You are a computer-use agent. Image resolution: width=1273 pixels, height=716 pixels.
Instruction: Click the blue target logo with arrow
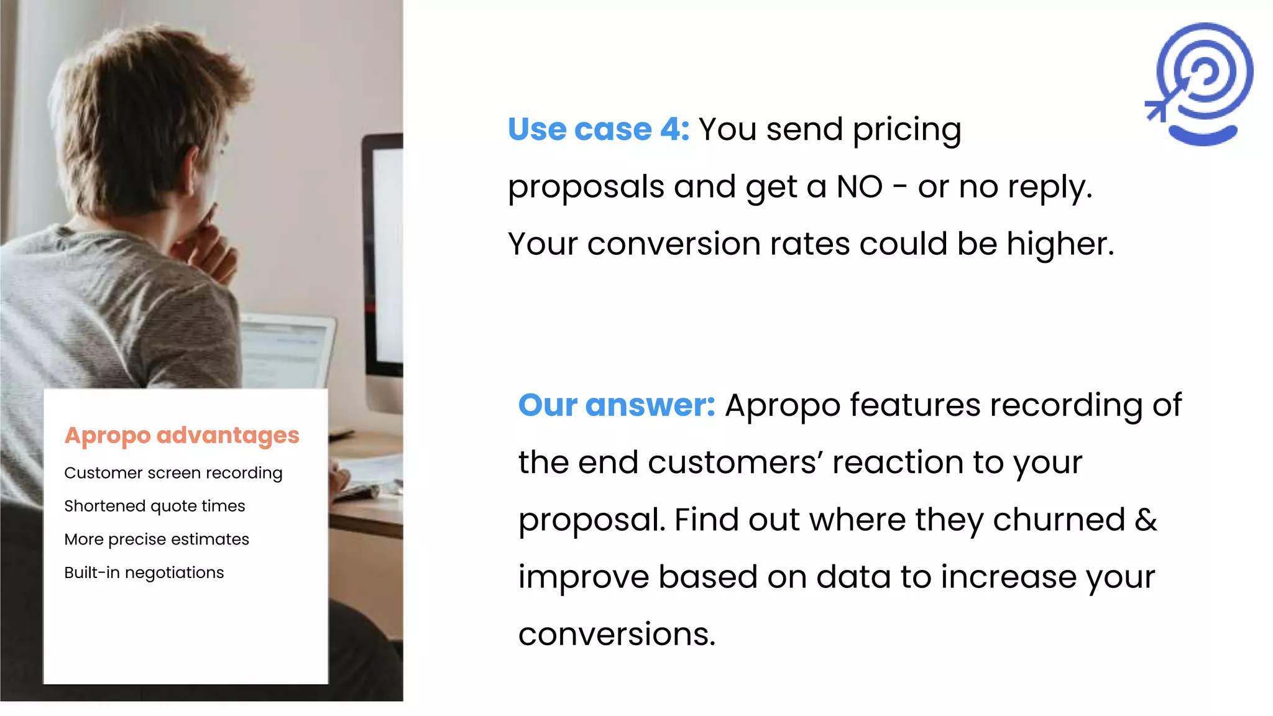[x=1200, y=83]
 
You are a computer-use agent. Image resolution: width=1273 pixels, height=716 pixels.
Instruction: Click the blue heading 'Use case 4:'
[x=598, y=129]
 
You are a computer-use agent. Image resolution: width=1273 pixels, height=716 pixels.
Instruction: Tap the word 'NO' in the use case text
[x=859, y=186]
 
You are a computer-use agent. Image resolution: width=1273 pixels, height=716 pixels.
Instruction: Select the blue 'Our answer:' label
[x=617, y=405]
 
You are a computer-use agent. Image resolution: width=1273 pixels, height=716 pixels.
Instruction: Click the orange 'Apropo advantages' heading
[x=182, y=435]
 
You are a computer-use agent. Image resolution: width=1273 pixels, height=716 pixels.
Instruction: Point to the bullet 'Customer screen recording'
[x=173, y=473]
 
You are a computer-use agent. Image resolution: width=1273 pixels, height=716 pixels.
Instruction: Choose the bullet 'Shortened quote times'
[x=154, y=506]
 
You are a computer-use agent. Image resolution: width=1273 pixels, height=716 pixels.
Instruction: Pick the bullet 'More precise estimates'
[x=156, y=539]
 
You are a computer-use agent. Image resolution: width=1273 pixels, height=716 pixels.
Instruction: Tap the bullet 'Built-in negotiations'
[x=144, y=572]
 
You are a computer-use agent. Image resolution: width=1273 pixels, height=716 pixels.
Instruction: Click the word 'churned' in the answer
[x=1059, y=520]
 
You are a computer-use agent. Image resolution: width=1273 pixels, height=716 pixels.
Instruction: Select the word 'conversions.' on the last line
[x=617, y=634]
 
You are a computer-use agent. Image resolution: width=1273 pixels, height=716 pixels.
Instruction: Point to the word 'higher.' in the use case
[x=1060, y=244]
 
